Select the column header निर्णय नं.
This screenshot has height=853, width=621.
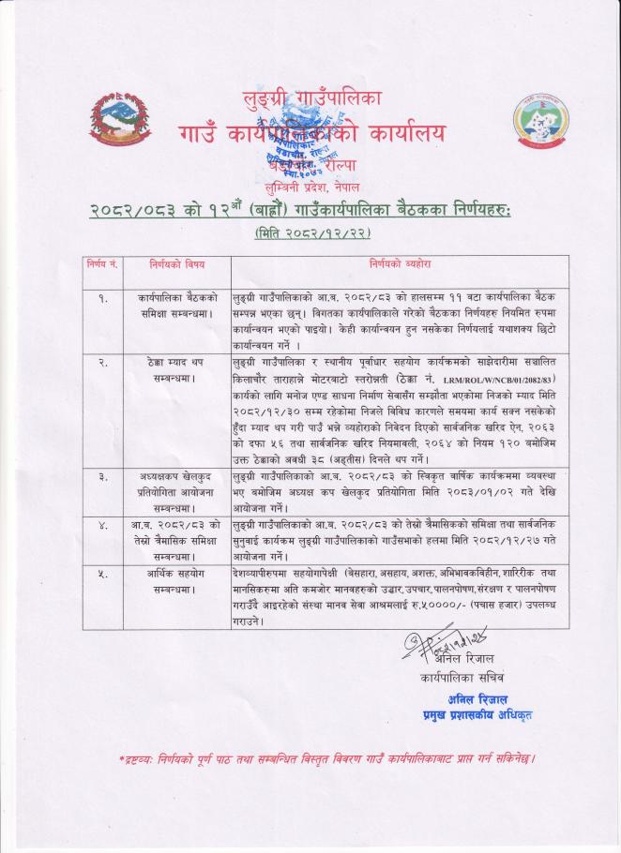[x=100, y=266]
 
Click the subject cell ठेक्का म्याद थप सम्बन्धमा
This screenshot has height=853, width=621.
[x=175, y=367]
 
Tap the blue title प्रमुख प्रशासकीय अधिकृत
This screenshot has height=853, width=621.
[x=477, y=716]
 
